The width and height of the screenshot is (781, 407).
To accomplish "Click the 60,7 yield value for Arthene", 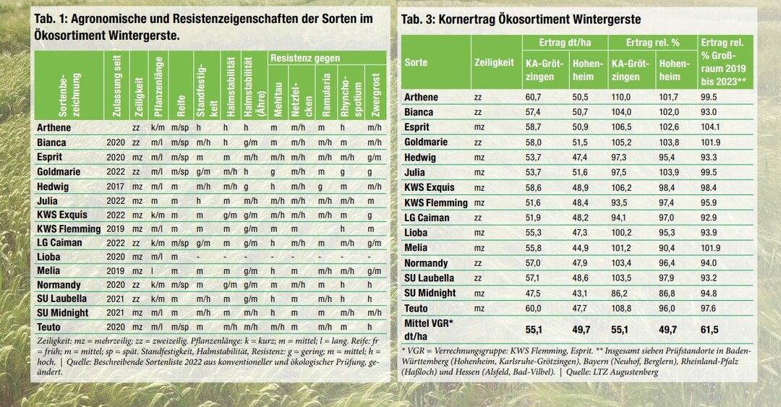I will point(532,97).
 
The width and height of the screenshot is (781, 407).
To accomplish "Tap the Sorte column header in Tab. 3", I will point(417,63).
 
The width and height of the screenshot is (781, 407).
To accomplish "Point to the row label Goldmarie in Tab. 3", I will point(426,142).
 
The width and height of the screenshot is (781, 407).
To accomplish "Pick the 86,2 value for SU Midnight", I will point(618,294).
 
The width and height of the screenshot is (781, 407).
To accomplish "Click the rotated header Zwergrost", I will point(374,94).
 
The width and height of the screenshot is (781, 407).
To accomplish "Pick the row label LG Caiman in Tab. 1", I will point(59,242).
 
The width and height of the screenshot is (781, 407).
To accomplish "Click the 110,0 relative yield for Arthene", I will point(618,97).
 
